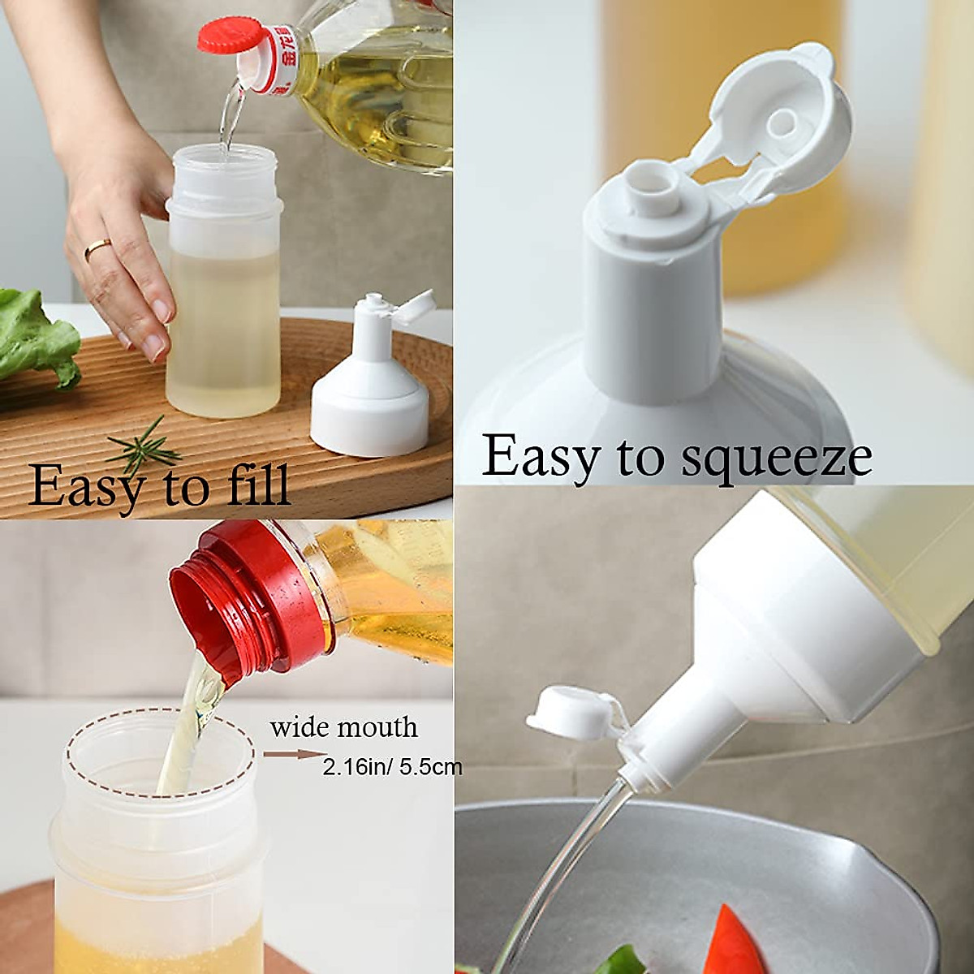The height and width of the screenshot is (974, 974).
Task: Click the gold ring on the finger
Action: pos(97,248)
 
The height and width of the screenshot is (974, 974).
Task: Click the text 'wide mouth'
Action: pos(344,726)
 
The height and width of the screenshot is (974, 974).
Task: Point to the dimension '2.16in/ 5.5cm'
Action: pos(392,766)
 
